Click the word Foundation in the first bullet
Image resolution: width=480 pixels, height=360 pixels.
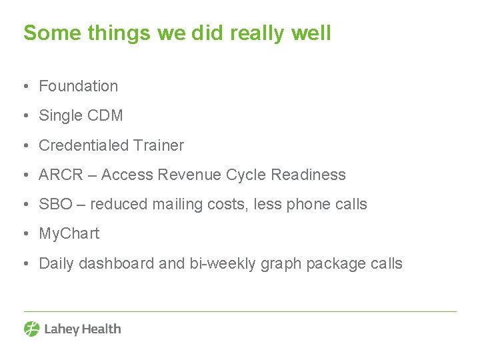[x=78, y=86]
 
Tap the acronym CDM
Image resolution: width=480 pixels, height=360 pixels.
[x=105, y=115]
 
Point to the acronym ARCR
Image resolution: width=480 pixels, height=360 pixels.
[x=61, y=175]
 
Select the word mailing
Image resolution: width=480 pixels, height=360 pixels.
[x=177, y=204]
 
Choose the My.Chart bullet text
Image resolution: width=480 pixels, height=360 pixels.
[x=69, y=233]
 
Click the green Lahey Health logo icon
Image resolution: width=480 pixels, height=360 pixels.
[x=32, y=329]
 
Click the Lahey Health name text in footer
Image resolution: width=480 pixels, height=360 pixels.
[x=82, y=329]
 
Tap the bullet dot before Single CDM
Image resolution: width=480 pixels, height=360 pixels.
[x=25, y=115]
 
